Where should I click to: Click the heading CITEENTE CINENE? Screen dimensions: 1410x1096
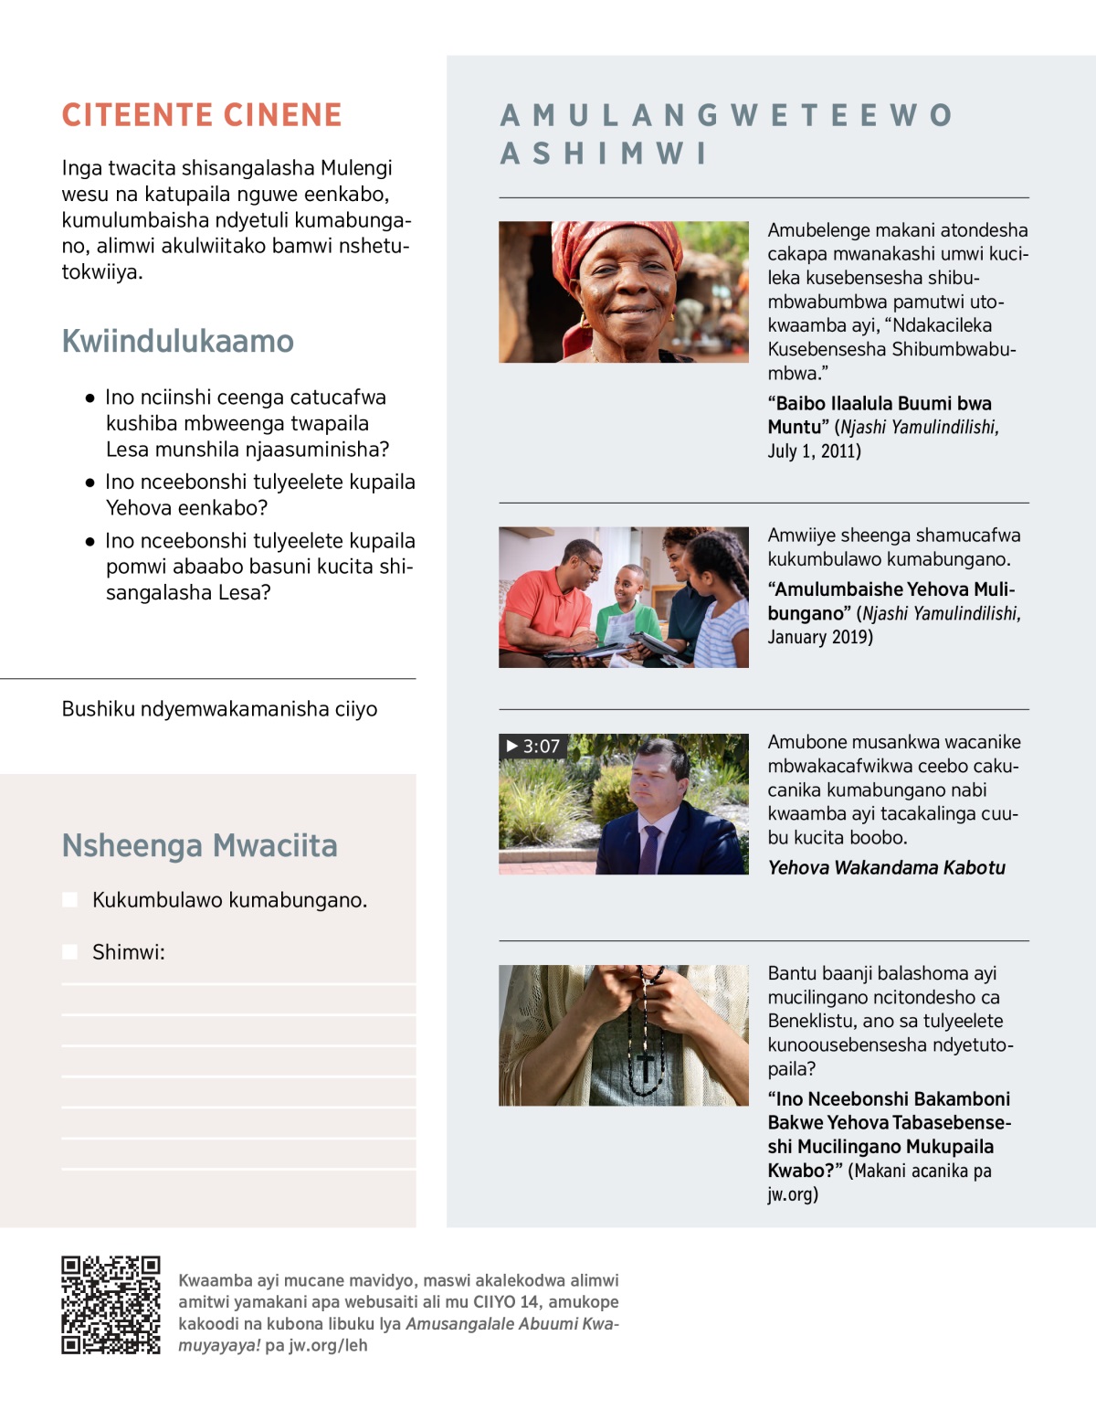tap(202, 115)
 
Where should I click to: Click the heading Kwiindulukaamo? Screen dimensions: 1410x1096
tap(178, 341)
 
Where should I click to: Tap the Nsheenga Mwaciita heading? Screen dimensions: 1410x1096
tap(199, 845)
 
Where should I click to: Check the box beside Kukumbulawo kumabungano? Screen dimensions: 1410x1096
tap(69, 900)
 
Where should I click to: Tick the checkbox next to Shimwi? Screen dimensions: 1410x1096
tap(69, 952)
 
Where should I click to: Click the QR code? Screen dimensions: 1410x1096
tap(111, 1304)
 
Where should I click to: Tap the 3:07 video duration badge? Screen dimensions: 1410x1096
tap(532, 747)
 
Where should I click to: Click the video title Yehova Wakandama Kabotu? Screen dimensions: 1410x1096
tap(886, 868)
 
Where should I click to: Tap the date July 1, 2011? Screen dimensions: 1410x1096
tap(814, 451)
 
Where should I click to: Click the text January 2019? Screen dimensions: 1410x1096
tap(819, 638)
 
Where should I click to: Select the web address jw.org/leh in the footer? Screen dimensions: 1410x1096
tap(328, 1345)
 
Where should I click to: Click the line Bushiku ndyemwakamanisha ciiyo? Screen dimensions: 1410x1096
tap(219, 709)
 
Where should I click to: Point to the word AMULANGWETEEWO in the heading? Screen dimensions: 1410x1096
tap(727, 116)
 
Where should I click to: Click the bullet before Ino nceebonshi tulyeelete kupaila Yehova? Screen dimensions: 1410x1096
tap(90, 482)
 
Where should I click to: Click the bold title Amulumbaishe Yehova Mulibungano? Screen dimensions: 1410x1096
tap(890, 601)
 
